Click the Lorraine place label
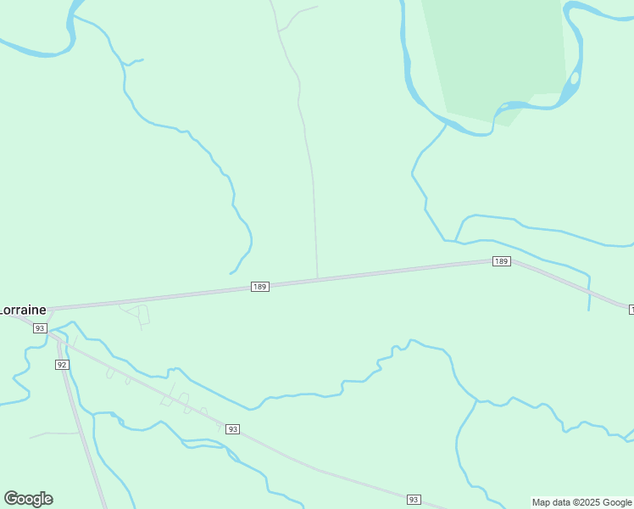[23, 310]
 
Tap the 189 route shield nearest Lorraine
[260, 287]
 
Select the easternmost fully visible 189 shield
[501, 261]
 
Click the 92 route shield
[62, 364]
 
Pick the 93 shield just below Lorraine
[39, 328]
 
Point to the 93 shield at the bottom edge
[414, 500]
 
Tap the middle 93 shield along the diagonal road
[233, 429]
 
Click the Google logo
[28, 499]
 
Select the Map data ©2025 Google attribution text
[581, 502]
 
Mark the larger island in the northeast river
[575, 78]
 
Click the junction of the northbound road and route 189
[318, 278]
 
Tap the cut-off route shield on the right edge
[631, 310]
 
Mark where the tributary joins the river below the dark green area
[447, 124]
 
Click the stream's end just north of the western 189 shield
[231, 273]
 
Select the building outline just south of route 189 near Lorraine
[143, 315]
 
